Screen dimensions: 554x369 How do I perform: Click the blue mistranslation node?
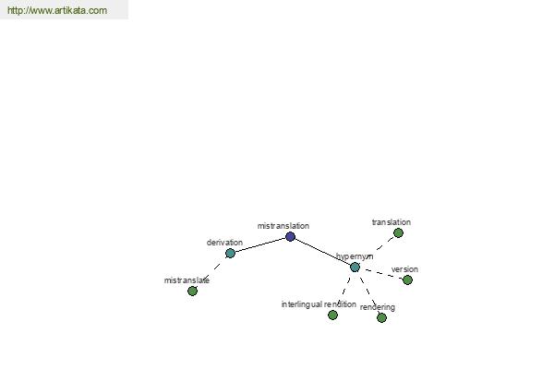point(290,236)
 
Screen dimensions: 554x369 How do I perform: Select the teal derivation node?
point(230,253)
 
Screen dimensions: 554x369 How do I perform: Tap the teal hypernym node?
point(355,267)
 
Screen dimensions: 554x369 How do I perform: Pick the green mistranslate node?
point(192,291)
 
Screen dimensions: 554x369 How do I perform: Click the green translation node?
point(398,233)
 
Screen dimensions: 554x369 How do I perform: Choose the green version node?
point(407,280)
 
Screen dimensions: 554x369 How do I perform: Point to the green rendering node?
point(381,317)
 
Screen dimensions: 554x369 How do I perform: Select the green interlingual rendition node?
point(332,315)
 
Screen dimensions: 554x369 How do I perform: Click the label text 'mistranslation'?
point(283,226)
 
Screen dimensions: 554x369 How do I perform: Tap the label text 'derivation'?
point(224,243)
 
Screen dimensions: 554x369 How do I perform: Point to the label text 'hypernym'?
point(355,256)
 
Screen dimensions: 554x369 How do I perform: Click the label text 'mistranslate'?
point(187,280)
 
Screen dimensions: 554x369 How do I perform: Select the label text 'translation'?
point(391,222)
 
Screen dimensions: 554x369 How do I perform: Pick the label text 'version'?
point(404,269)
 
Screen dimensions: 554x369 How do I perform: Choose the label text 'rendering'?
point(378,307)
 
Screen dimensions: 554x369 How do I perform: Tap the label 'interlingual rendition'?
point(319,304)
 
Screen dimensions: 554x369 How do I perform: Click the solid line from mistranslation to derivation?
point(260,245)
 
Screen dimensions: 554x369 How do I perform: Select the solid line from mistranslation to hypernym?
point(322,252)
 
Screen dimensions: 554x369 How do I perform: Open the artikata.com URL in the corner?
point(57,10)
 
